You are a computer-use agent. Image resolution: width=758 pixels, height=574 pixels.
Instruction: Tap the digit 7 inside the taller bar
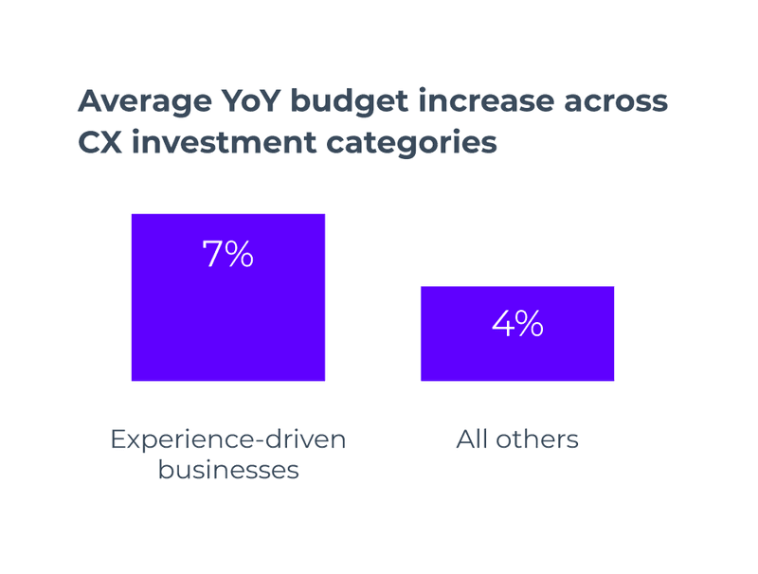[212, 254]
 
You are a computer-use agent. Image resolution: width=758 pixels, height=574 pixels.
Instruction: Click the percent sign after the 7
[240, 254]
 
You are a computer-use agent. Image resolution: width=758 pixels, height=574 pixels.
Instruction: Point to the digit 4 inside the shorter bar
[502, 324]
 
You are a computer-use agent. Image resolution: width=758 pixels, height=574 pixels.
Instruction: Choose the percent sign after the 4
[530, 324]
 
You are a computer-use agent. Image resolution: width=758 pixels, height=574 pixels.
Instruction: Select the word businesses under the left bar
[228, 469]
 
